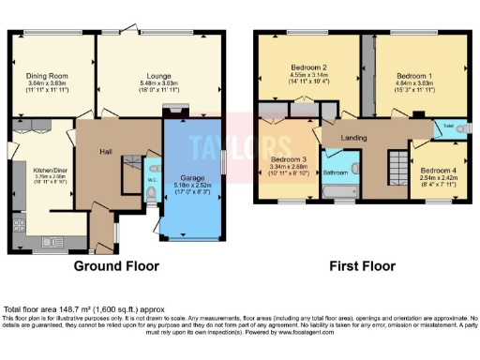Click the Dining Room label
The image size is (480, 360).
click(46, 75)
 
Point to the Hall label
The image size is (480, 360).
click(106, 149)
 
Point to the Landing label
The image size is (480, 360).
click(353, 139)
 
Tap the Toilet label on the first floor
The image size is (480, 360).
click(448, 125)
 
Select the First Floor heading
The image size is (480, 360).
click(359, 266)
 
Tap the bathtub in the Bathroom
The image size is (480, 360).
click(337, 190)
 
